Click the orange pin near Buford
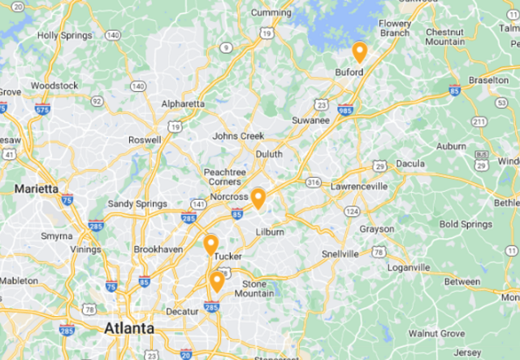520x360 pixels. click(359, 53)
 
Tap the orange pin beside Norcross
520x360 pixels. click(258, 197)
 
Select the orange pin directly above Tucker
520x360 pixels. click(210, 245)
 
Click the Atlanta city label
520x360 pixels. click(128, 328)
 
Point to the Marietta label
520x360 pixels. click(36, 189)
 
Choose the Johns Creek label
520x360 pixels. click(239, 136)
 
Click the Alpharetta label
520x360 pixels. click(183, 104)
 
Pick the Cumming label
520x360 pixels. click(271, 12)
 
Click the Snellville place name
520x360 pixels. click(340, 254)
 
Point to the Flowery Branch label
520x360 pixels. click(394, 28)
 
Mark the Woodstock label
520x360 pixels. click(54, 85)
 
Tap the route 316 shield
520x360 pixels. click(313, 183)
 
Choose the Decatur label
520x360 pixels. click(180, 310)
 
